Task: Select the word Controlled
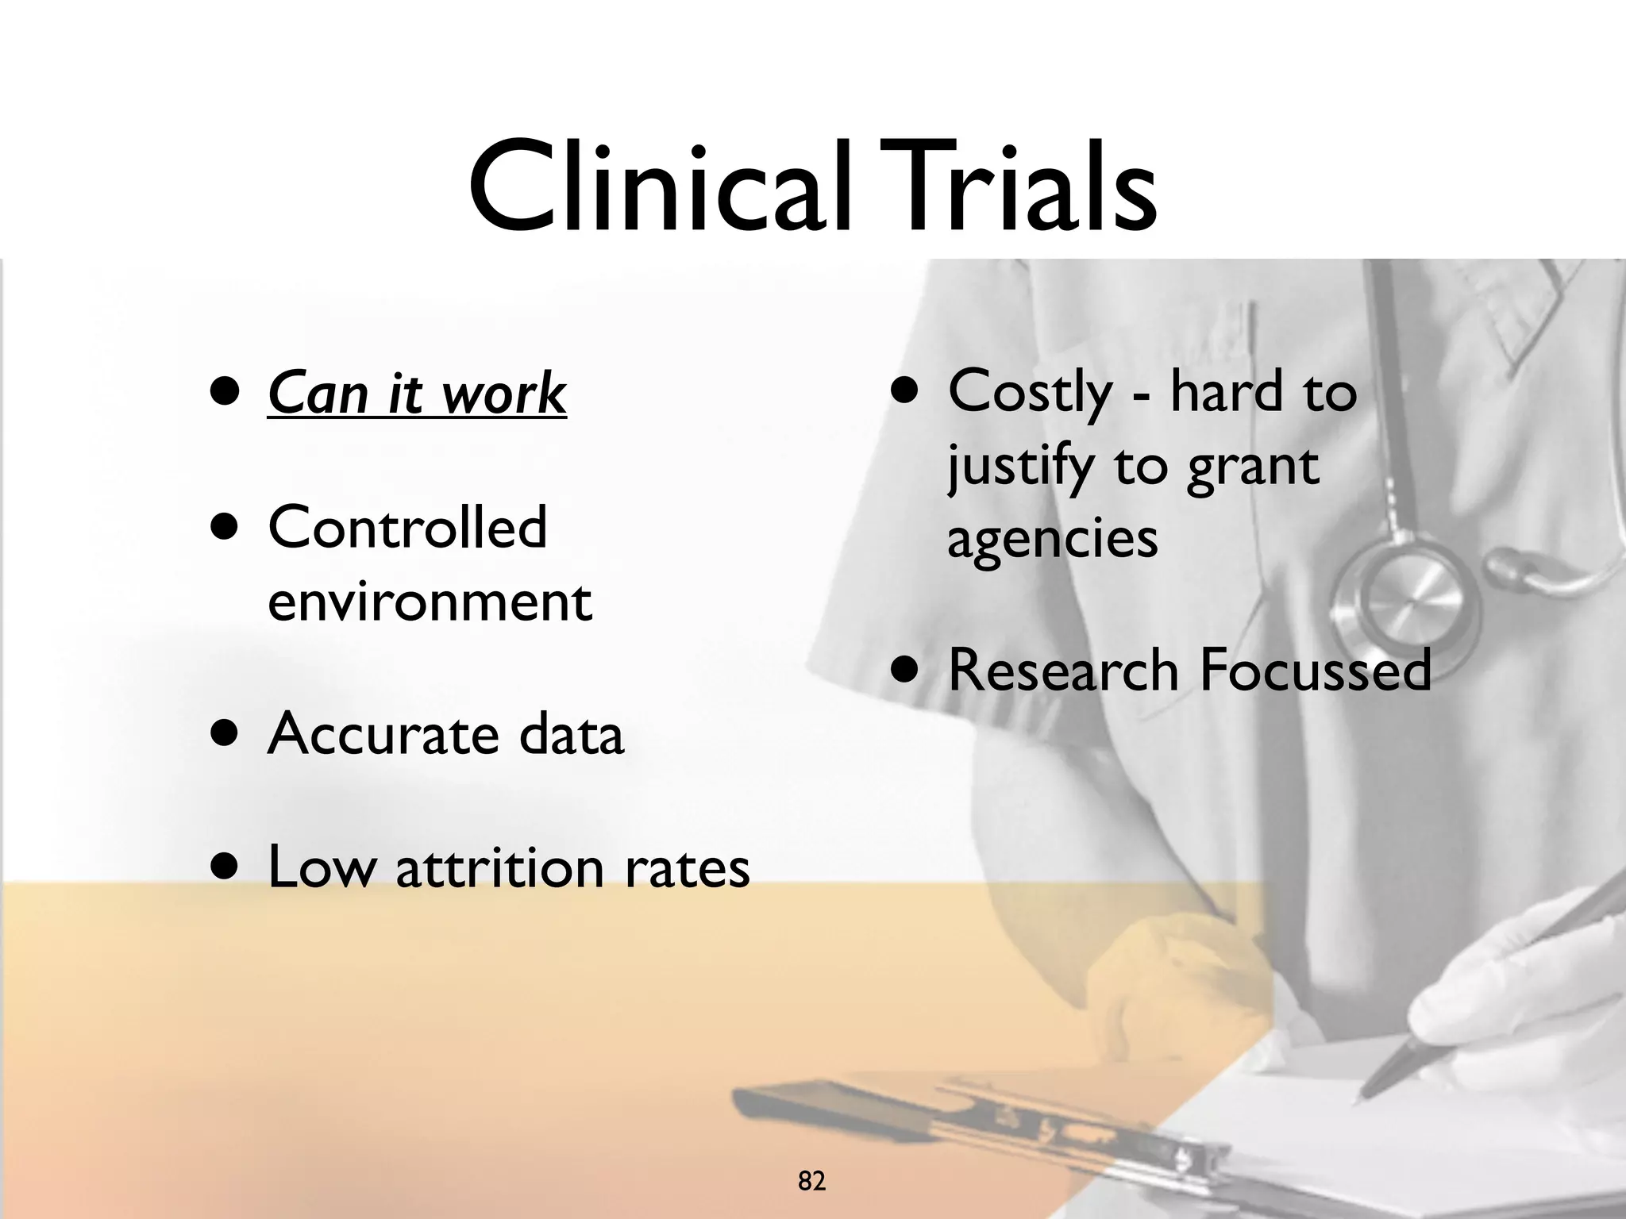[x=407, y=527]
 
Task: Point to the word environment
[x=430, y=602]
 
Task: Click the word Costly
[x=1030, y=394]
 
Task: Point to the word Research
[x=1063, y=671]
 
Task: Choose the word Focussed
[x=1315, y=671]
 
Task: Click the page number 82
[x=811, y=1159]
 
